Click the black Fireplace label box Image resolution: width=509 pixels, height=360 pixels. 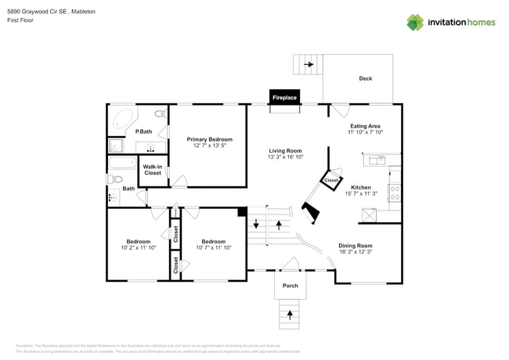tap(284, 97)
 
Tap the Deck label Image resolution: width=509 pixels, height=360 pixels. tap(365, 78)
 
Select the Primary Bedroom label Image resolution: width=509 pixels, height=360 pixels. tap(209, 139)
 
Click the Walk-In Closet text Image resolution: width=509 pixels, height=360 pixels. tap(153, 169)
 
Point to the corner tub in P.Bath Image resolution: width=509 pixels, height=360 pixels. tap(122, 120)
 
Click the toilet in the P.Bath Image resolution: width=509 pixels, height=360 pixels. tap(160, 115)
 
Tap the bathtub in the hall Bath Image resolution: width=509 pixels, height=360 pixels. tap(123, 164)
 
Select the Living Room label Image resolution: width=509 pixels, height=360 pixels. tap(285, 151)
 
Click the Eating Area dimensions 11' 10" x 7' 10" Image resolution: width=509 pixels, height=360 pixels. tap(365, 132)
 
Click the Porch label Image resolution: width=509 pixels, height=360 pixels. tap(290, 286)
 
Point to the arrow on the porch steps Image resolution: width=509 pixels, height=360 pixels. tap(290, 315)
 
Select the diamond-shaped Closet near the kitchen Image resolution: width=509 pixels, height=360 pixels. tap(330, 181)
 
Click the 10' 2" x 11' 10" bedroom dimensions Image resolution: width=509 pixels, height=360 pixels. tap(139, 248)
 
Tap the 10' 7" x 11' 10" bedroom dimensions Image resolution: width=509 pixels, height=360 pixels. tap(213, 248)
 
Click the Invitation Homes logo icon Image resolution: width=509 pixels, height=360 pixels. tap(415, 23)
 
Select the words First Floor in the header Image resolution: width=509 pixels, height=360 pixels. tap(21, 20)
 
